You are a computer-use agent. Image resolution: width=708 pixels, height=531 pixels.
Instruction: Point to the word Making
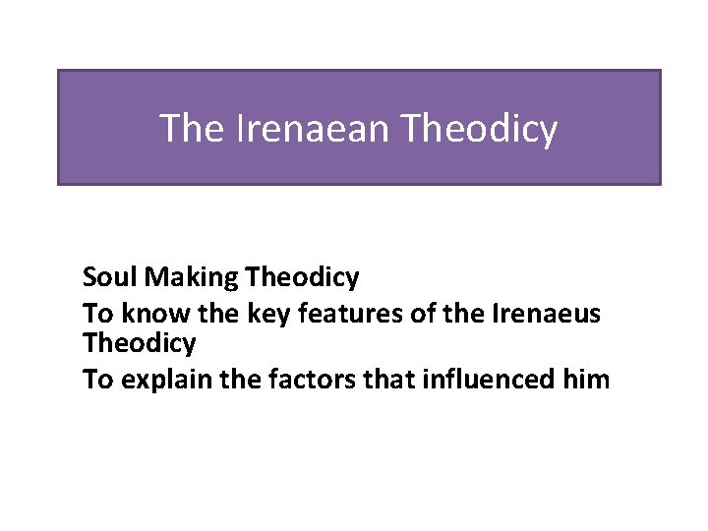point(190,279)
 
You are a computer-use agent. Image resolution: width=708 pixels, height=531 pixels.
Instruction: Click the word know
point(151,313)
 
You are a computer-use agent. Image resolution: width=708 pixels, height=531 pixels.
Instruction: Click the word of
point(404,313)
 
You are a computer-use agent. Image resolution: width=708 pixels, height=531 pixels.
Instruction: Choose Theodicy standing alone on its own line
point(140,344)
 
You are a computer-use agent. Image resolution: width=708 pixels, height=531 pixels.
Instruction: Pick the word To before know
point(97,313)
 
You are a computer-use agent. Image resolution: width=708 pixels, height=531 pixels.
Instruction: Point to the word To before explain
point(97,380)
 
